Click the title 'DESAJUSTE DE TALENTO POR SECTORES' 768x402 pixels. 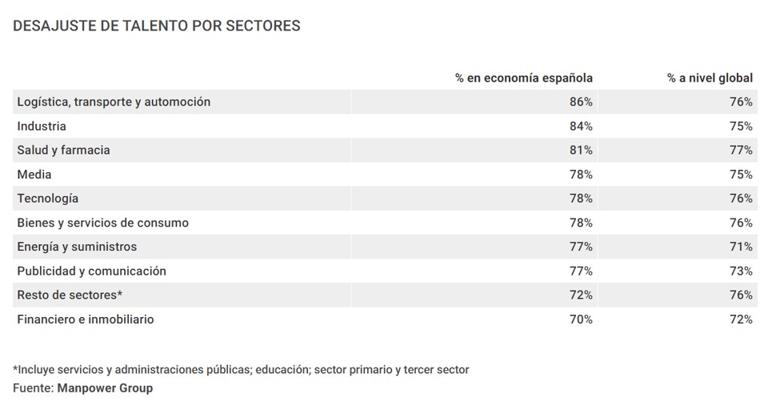click(x=157, y=26)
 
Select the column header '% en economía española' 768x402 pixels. click(x=524, y=78)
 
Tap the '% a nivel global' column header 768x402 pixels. click(x=710, y=78)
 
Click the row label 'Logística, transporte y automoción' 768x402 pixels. click(x=114, y=102)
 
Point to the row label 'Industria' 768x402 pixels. click(x=42, y=126)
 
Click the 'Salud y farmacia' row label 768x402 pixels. click(x=63, y=150)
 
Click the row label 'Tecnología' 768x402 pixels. click(x=48, y=198)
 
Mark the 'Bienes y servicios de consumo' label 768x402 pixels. click(x=102, y=223)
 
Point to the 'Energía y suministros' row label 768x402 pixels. click(x=77, y=247)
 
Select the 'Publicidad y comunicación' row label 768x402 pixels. click(x=91, y=271)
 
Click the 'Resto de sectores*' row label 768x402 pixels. click(x=70, y=295)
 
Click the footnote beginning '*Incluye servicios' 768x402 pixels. click(x=241, y=369)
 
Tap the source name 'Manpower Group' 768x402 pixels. click(x=105, y=388)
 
